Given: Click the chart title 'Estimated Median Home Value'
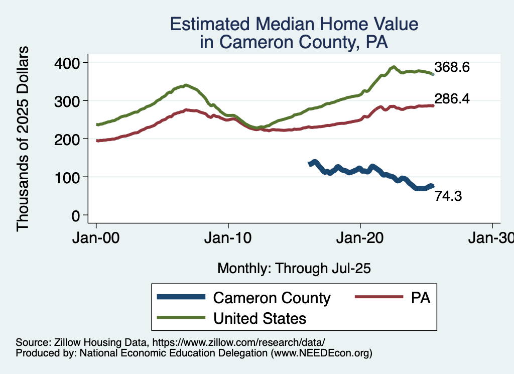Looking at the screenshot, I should tap(294, 24).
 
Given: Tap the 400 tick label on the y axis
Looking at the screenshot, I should tap(68, 62).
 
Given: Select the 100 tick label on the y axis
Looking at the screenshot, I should tap(68, 177).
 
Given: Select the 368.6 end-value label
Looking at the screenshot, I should tap(452, 67).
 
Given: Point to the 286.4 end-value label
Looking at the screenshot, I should tap(452, 99).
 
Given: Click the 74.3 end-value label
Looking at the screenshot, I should tap(448, 196).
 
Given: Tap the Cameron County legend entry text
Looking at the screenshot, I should tap(272, 298).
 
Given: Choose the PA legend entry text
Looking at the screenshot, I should tap(421, 298).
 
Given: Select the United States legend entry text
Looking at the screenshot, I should tap(260, 318).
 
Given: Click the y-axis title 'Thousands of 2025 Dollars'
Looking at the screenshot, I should tap(23, 139).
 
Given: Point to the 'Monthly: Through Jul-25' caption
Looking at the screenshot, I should tap(294, 269).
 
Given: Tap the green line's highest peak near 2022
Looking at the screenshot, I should tap(394, 67).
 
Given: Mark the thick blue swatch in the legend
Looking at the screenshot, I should tap(181, 297).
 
